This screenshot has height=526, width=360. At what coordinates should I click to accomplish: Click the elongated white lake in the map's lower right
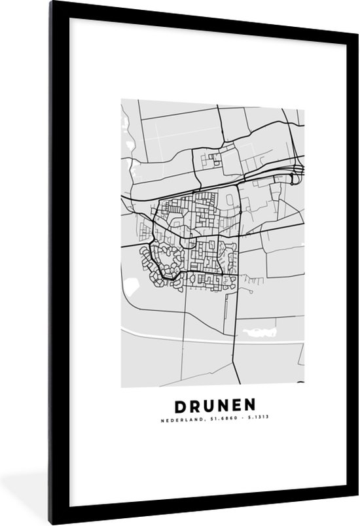click(x=260, y=333)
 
